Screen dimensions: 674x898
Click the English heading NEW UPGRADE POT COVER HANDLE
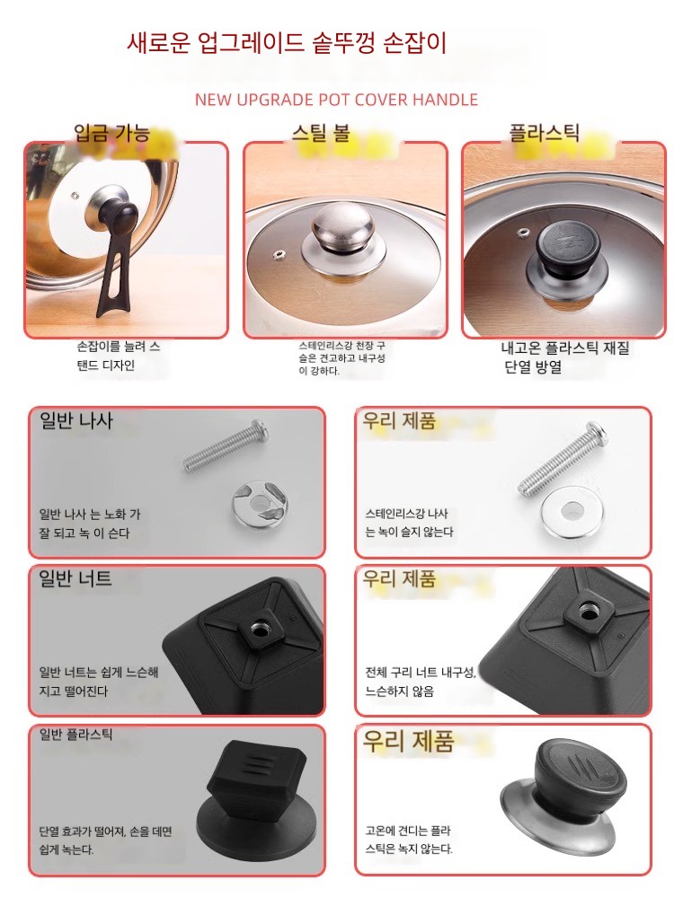pos(336,100)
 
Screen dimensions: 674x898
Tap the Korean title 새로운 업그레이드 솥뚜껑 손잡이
pos(287,43)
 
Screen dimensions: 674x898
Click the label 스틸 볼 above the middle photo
pos(321,134)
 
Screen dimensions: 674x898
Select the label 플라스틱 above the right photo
pos(545,133)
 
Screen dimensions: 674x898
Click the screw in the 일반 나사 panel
pos(226,445)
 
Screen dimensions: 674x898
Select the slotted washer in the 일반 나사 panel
pos(260,504)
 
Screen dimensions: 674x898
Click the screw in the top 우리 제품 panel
pos(563,458)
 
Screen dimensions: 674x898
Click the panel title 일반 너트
pos(75,578)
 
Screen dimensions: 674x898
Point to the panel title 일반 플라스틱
pos(75,735)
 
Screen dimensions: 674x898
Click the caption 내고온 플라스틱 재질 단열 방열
pos(565,357)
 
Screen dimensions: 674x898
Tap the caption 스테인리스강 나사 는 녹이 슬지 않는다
pos(409,523)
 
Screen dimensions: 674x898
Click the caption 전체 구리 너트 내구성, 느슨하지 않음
pos(421,682)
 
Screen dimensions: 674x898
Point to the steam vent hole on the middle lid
pos(280,253)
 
